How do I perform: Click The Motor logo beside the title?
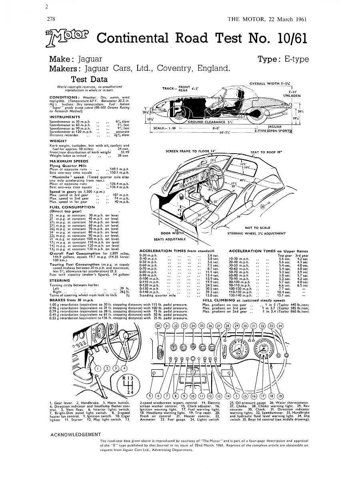point(68,38)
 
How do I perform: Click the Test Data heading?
point(89,79)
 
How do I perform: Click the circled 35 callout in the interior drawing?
point(263,207)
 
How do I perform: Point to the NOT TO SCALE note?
point(257,228)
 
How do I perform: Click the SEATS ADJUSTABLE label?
point(170,239)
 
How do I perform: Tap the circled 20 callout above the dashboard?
point(158,326)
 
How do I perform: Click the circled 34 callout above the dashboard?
point(280,326)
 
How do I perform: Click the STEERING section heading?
point(60,280)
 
